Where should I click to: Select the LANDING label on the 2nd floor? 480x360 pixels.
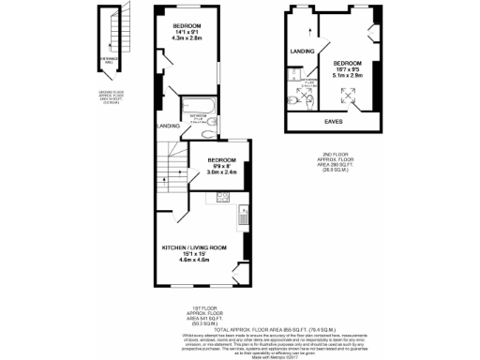tap(302, 52)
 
